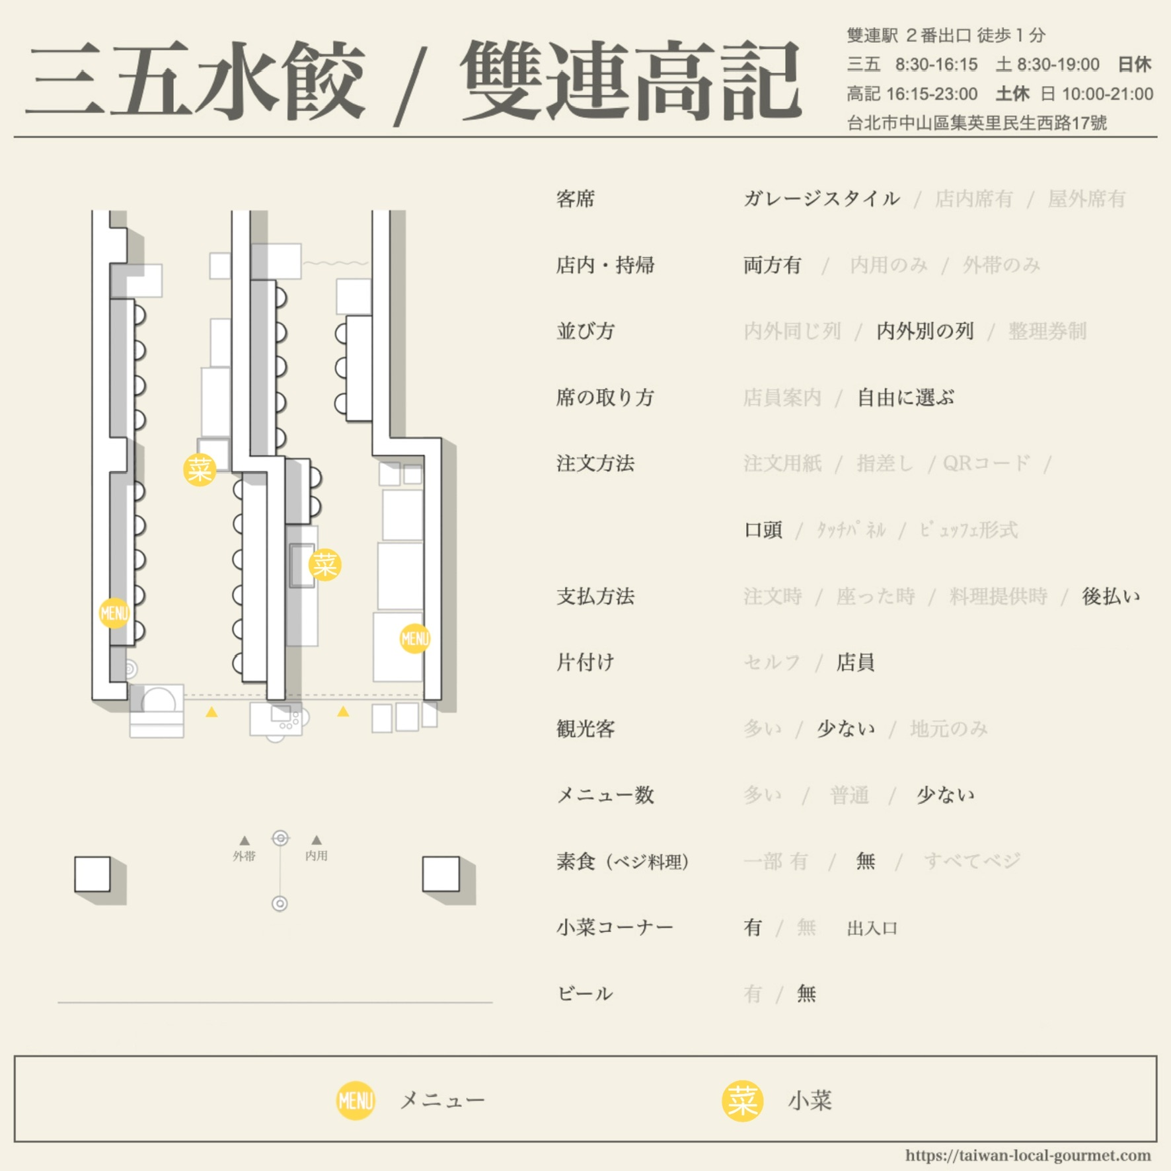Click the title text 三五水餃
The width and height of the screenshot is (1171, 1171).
[195, 80]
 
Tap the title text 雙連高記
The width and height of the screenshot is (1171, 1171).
[630, 80]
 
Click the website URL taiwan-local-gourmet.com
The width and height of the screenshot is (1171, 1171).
[1028, 1155]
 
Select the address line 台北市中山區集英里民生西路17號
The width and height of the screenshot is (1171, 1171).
[977, 123]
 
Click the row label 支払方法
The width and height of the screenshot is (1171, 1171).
[595, 596]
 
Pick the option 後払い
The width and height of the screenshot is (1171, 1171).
[1111, 596]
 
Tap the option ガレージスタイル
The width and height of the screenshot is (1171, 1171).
[821, 198]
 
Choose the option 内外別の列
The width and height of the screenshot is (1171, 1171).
[925, 331]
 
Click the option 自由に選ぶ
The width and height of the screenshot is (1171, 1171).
[905, 397]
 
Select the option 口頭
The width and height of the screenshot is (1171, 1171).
[763, 530]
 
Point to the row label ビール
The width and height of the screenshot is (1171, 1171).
[585, 993]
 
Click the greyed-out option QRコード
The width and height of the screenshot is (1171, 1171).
[986, 463]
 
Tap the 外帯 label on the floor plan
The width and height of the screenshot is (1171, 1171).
[244, 856]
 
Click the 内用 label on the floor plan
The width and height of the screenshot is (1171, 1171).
[317, 856]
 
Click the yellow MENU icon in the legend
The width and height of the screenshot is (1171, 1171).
[356, 1100]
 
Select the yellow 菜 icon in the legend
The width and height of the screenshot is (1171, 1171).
[742, 1101]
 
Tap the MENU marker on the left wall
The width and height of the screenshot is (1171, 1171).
[114, 613]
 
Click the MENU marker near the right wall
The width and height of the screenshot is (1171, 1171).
[415, 638]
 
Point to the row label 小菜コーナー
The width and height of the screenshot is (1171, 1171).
[615, 927]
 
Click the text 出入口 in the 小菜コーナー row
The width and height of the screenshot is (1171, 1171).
[872, 928]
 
